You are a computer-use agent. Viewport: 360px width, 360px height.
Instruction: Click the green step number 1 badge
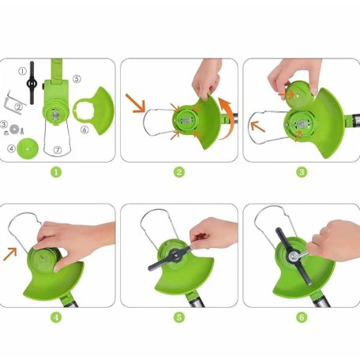click(x=56, y=172)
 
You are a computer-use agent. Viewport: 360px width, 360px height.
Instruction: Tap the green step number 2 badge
click(x=179, y=172)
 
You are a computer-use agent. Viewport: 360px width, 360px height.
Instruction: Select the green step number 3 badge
click(x=302, y=172)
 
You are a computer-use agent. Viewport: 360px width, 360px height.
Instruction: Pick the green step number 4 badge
click(x=56, y=317)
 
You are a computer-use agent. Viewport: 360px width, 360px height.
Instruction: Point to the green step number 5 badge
click(x=179, y=317)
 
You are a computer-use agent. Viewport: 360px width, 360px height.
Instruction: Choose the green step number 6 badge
click(x=302, y=317)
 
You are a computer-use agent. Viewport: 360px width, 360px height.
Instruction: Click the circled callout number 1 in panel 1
click(x=22, y=71)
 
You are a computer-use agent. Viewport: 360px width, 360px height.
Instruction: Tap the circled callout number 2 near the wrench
click(x=19, y=107)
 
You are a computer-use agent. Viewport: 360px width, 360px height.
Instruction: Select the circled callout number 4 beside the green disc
click(x=11, y=148)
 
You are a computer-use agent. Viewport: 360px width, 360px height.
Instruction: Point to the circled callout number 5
click(x=77, y=79)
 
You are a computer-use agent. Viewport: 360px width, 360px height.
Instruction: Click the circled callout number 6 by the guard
click(x=84, y=129)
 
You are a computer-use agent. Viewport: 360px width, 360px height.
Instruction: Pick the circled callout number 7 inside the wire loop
click(x=58, y=150)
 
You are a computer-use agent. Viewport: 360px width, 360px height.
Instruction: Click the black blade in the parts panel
click(x=32, y=83)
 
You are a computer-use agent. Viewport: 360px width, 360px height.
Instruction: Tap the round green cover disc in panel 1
click(x=28, y=148)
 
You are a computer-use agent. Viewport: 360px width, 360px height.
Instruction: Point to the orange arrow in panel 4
click(x=10, y=254)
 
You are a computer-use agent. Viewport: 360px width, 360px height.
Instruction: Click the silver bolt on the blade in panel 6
click(x=293, y=257)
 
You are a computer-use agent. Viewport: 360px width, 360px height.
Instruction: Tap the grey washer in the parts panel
click(x=13, y=129)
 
